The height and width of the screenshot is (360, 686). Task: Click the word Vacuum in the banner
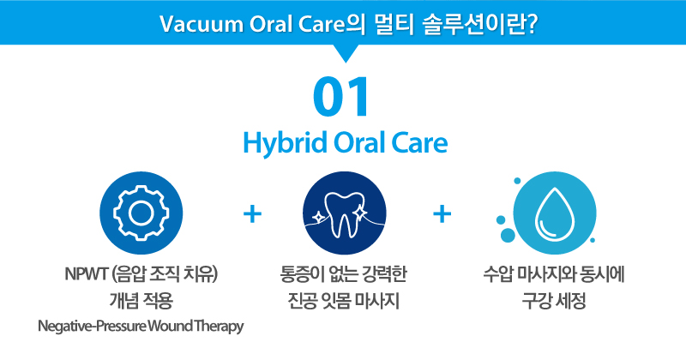click(x=202, y=24)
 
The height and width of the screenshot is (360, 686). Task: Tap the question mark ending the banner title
click(x=531, y=24)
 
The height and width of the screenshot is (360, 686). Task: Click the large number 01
click(x=341, y=97)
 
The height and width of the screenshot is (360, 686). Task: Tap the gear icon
click(x=141, y=213)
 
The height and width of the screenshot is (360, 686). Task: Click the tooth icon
click(x=344, y=213)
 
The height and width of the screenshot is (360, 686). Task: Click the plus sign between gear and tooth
click(x=252, y=214)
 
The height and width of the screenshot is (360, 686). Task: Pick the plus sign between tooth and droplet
click(x=442, y=214)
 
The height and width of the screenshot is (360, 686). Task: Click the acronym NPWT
click(x=87, y=274)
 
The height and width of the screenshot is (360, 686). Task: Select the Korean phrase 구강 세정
click(x=554, y=301)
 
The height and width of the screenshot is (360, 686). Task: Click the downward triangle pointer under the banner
click(x=346, y=53)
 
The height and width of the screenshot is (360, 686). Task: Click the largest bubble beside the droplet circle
click(x=508, y=236)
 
